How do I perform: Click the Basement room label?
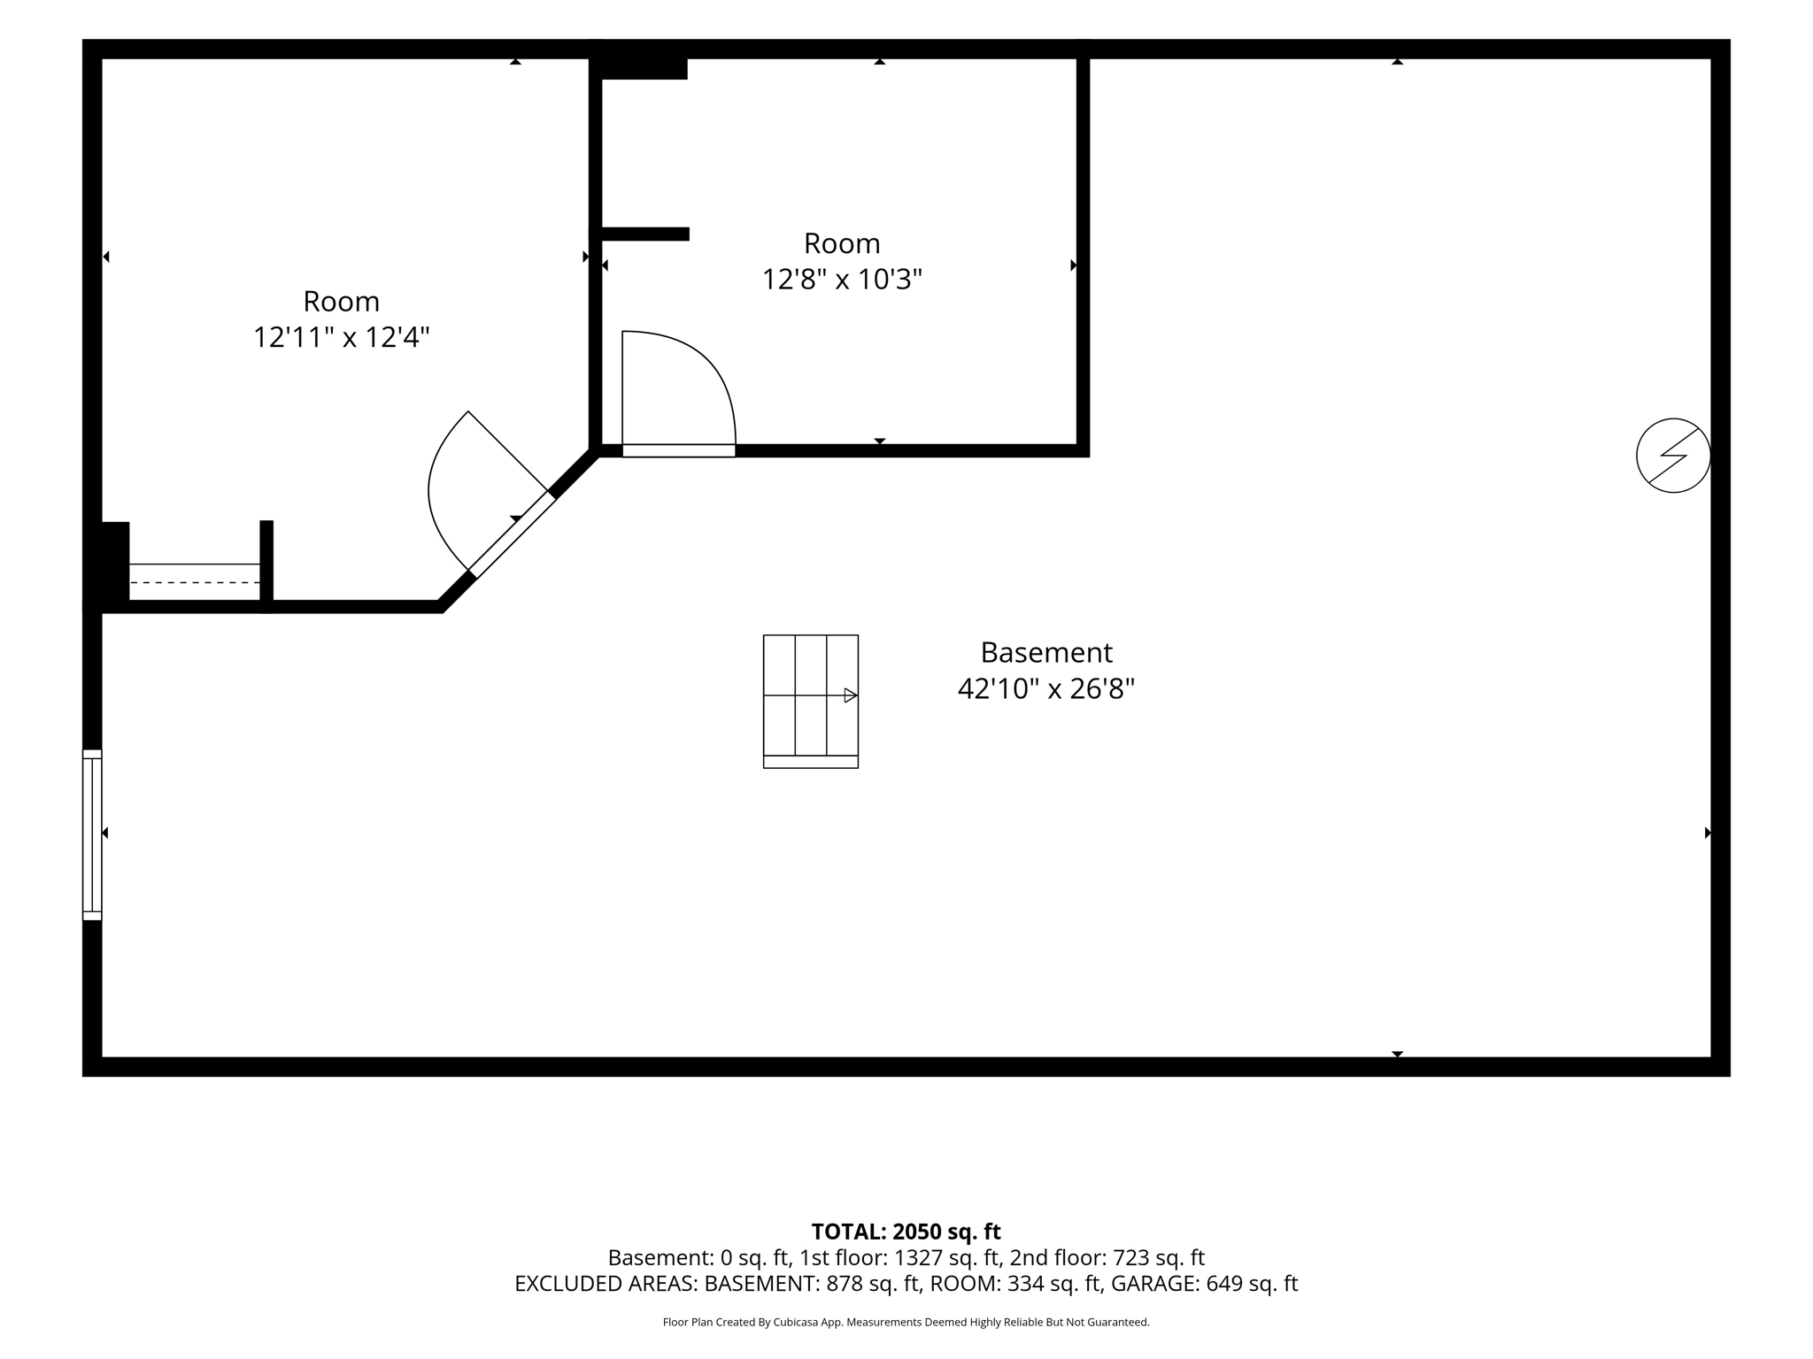(x=1045, y=652)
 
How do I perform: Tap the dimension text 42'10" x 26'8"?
(x=1045, y=688)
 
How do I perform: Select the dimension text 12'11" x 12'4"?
(x=341, y=337)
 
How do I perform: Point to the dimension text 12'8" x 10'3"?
(x=842, y=280)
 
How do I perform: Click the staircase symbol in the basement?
(x=811, y=701)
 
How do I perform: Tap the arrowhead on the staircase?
(x=851, y=695)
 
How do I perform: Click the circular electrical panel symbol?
(x=1673, y=456)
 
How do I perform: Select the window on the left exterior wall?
(x=92, y=834)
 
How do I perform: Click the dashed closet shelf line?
(x=195, y=583)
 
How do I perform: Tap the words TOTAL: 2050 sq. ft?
(x=906, y=1232)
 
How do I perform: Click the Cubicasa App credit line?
(x=906, y=1323)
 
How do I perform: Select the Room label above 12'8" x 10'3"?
(x=842, y=243)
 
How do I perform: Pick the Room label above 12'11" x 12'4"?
(x=341, y=302)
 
